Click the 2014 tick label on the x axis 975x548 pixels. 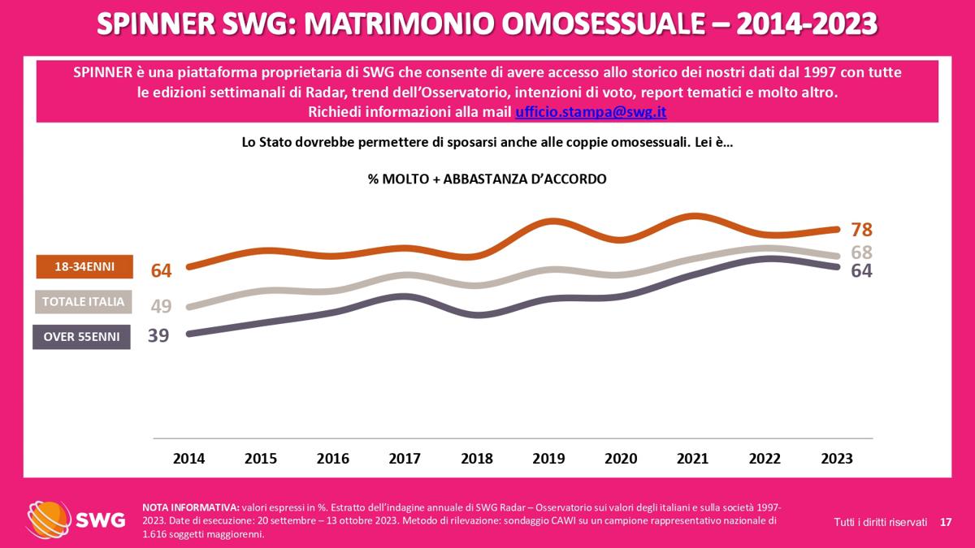pos(188,459)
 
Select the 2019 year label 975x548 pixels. pos(548,459)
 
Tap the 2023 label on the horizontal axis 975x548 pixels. pos(837,459)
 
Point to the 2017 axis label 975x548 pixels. pos(405,459)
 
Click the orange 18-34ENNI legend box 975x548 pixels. pos(84,266)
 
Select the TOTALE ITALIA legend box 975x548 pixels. pos(84,302)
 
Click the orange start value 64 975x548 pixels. pos(162,270)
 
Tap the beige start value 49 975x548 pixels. pos(162,306)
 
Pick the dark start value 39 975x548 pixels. pos(158,334)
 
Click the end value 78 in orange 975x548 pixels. pos(861,230)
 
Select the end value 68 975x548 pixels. pos(861,252)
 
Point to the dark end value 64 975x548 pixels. pos(861,271)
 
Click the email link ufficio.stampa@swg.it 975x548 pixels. pos(591,111)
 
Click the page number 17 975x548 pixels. pos(946,521)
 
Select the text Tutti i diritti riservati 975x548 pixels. pos(880,521)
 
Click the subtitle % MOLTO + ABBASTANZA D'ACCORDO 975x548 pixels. pos(487,179)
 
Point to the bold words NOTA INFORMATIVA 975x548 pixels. pos(190,506)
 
